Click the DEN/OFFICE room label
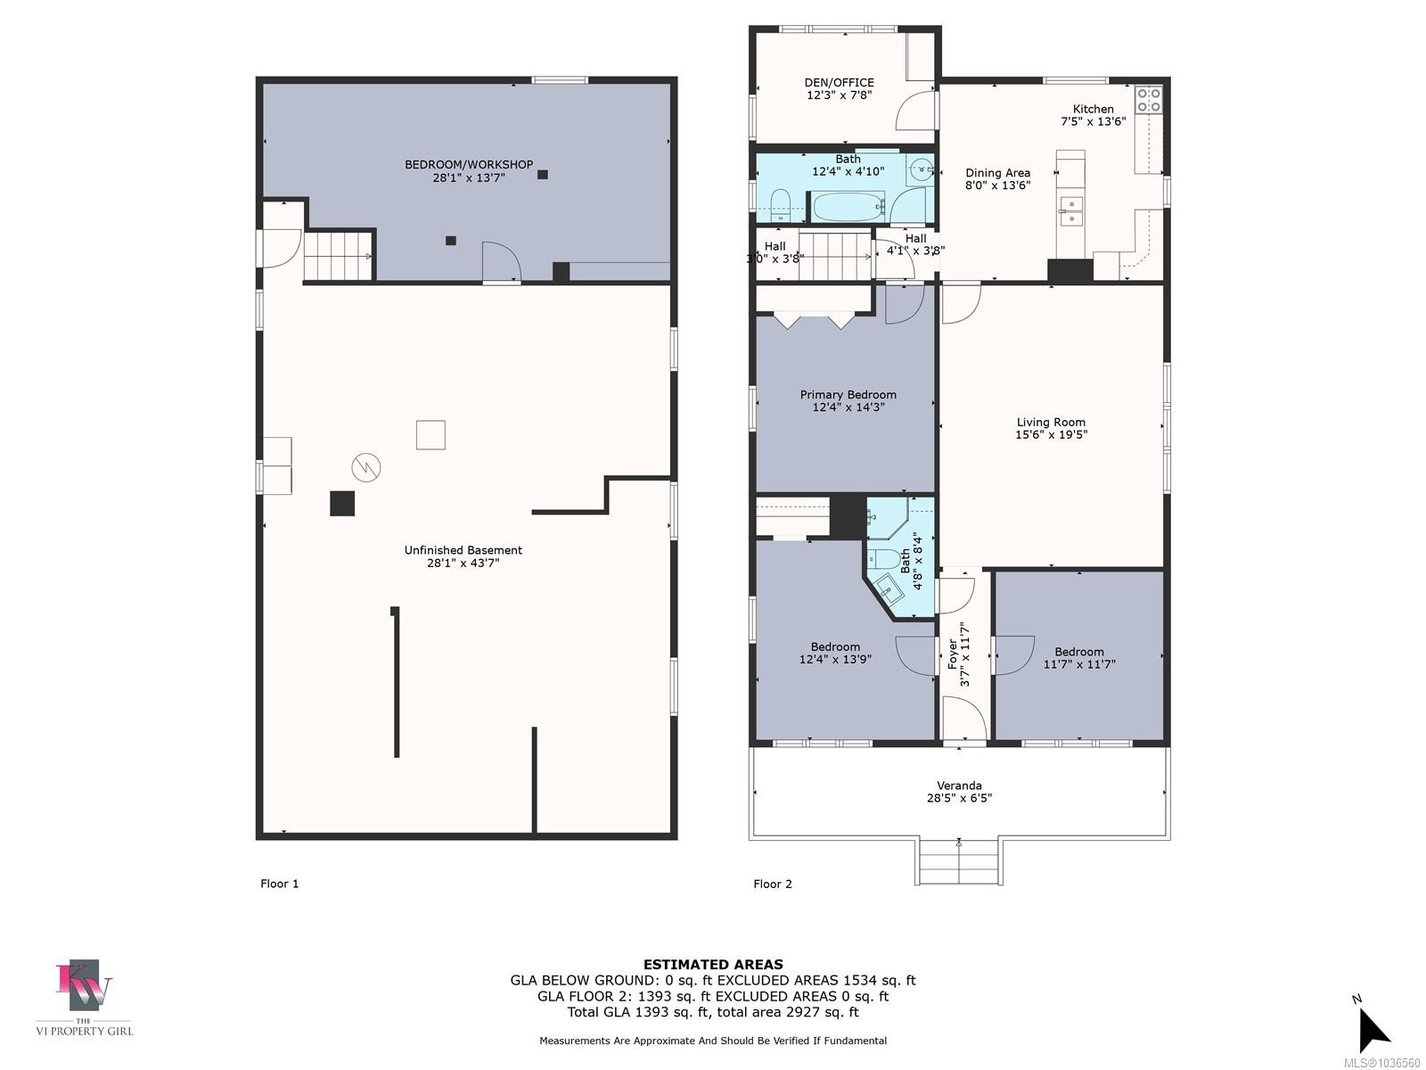point(839,83)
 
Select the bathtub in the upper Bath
point(848,207)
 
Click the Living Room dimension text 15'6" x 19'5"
point(1051,434)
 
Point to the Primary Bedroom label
point(848,395)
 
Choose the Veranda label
point(959,786)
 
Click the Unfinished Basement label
point(463,550)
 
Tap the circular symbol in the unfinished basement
point(365,467)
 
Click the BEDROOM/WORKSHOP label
point(469,165)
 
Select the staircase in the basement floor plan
point(338,256)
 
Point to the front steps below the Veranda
point(959,860)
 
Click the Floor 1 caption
point(279,884)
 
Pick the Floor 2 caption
point(773,884)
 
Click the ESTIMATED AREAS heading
point(713,965)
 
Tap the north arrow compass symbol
point(1374,1031)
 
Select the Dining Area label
point(997,173)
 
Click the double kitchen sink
point(1071,211)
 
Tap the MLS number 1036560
point(1381,1063)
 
